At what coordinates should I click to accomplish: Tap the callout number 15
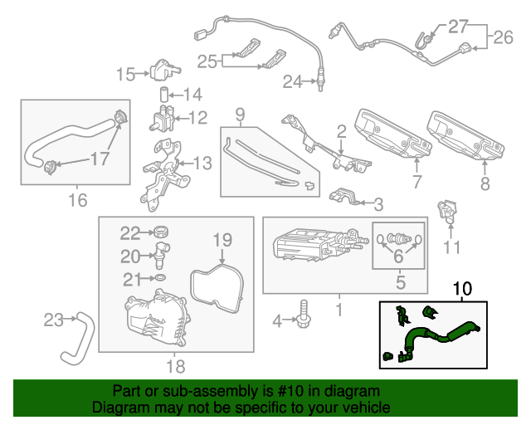coord(125,76)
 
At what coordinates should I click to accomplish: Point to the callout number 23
coord(53,319)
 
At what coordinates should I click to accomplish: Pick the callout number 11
coord(451,247)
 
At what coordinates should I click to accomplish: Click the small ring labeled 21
coord(160,276)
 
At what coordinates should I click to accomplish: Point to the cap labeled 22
coord(163,232)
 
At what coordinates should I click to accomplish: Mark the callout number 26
coord(504,37)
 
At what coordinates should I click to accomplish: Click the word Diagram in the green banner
coord(117,408)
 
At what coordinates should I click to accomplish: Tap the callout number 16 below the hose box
coord(77,199)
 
